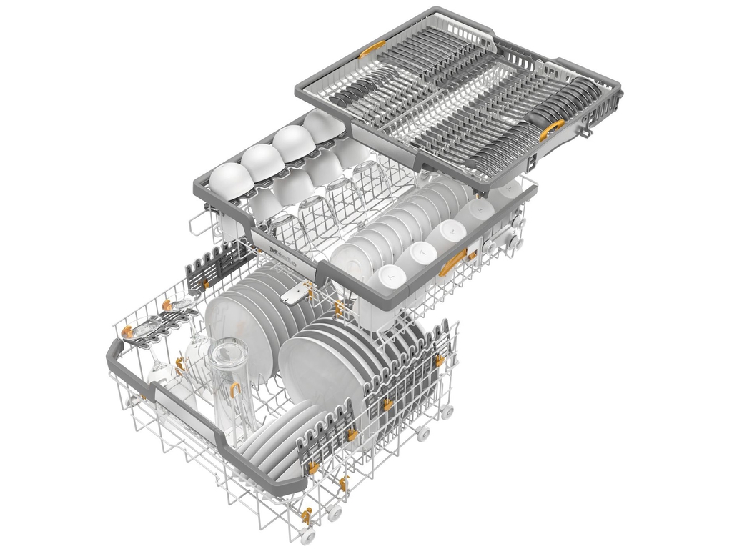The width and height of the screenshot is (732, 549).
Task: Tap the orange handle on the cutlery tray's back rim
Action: (x=372, y=49)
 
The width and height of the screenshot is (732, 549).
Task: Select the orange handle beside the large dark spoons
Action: (x=552, y=129)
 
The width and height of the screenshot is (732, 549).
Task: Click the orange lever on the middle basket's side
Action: (x=452, y=262)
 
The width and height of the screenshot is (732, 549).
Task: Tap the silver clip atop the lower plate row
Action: (x=297, y=293)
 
